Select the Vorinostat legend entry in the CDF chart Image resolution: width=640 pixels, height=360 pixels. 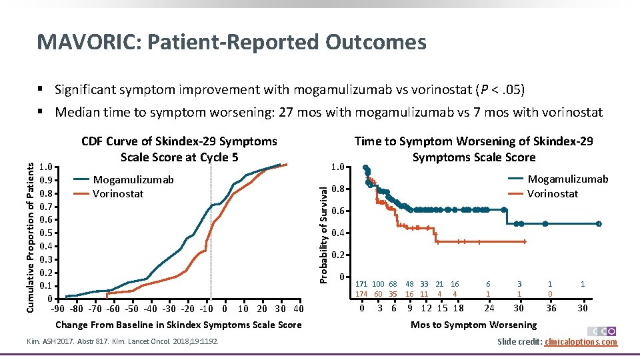coord(118,193)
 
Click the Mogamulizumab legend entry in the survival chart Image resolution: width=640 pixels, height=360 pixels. coord(567,179)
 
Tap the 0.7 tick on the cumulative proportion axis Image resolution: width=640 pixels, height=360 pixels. coord(46,207)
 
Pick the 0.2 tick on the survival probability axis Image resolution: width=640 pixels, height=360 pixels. coord(339,255)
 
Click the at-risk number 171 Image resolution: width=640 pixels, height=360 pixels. coord(361,284)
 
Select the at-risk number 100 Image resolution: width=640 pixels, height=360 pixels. coord(378,284)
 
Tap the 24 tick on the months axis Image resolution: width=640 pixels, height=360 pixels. coord(489,308)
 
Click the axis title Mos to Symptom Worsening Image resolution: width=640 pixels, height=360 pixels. coord(473,325)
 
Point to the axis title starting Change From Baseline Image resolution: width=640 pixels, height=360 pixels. coord(178,325)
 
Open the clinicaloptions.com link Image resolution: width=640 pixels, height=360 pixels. coord(581,342)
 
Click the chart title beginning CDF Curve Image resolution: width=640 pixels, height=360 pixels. coord(179,149)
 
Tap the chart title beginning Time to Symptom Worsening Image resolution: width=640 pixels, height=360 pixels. coord(473,149)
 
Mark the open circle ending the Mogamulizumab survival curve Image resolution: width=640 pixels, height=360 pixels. coord(599,224)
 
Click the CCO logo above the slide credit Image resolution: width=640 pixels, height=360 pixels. coord(603,331)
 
